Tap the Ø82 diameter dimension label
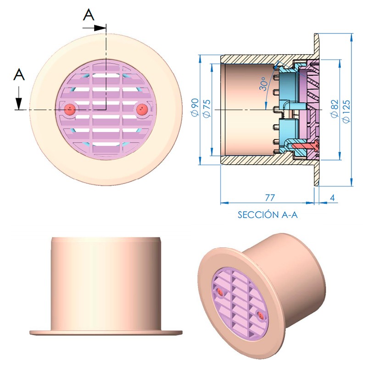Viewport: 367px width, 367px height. click(x=335, y=108)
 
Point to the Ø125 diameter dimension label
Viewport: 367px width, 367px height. click(x=346, y=111)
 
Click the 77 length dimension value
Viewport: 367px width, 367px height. click(x=270, y=198)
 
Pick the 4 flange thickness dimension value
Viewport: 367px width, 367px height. click(x=332, y=198)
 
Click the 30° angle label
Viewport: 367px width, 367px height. click(x=263, y=84)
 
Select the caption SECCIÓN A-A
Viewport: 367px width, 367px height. click(x=267, y=214)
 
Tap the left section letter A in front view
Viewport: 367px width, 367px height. click(x=19, y=75)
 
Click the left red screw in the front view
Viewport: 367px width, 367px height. click(x=70, y=109)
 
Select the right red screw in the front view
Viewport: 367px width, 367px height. click(x=141, y=109)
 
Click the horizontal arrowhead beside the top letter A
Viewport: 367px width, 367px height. click(x=100, y=28)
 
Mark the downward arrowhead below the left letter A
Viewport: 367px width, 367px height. click(x=18, y=103)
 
